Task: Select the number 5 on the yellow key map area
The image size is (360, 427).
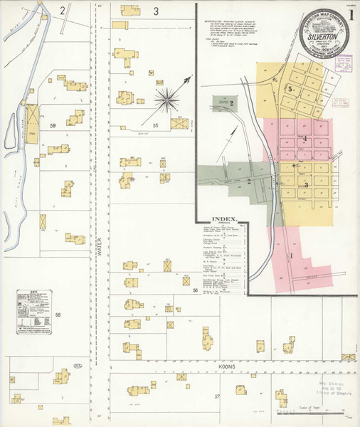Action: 290,89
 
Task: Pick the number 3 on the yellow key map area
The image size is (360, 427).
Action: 306,185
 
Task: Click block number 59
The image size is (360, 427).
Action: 52,125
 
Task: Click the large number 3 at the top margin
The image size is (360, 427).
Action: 155,11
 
